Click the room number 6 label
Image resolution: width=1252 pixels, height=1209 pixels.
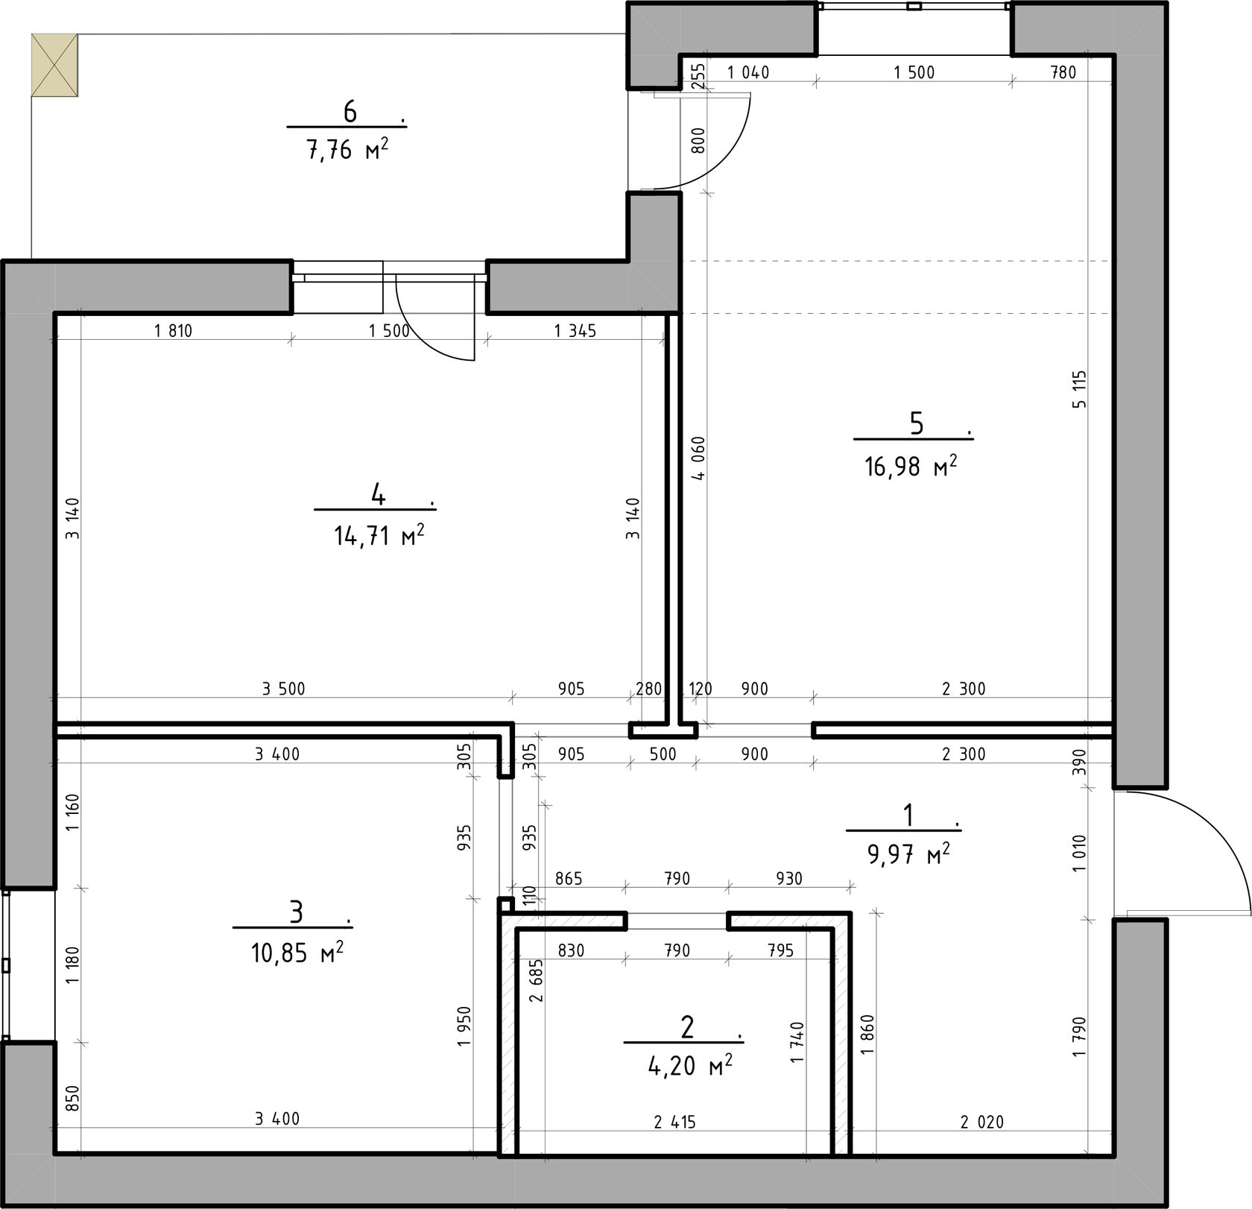click(x=350, y=112)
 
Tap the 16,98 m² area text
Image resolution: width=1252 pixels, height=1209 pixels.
click(x=911, y=467)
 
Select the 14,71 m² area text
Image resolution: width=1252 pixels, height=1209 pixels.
click(x=379, y=534)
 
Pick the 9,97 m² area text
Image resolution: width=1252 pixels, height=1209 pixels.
click(x=908, y=853)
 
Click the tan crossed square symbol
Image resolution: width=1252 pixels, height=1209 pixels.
click(x=54, y=65)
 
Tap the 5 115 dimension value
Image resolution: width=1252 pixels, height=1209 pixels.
click(x=1080, y=389)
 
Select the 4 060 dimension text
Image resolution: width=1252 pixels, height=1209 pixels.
click(x=698, y=458)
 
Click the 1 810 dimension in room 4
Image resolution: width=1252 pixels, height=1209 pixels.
click(x=173, y=330)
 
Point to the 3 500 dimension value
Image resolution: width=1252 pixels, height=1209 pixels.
click(x=283, y=689)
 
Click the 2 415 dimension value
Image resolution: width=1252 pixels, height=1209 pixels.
click(x=674, y=1121)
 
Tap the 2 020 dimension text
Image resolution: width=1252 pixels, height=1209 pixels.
click(x=981, y=1121)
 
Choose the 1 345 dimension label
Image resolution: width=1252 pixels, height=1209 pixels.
click(x=575, y=330)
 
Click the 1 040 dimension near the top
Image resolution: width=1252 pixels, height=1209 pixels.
click(x=748, y=72)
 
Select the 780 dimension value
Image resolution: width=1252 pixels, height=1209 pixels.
click(x=1063, y=72)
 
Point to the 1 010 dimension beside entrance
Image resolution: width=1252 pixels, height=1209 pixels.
click(x=1080, y=854)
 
